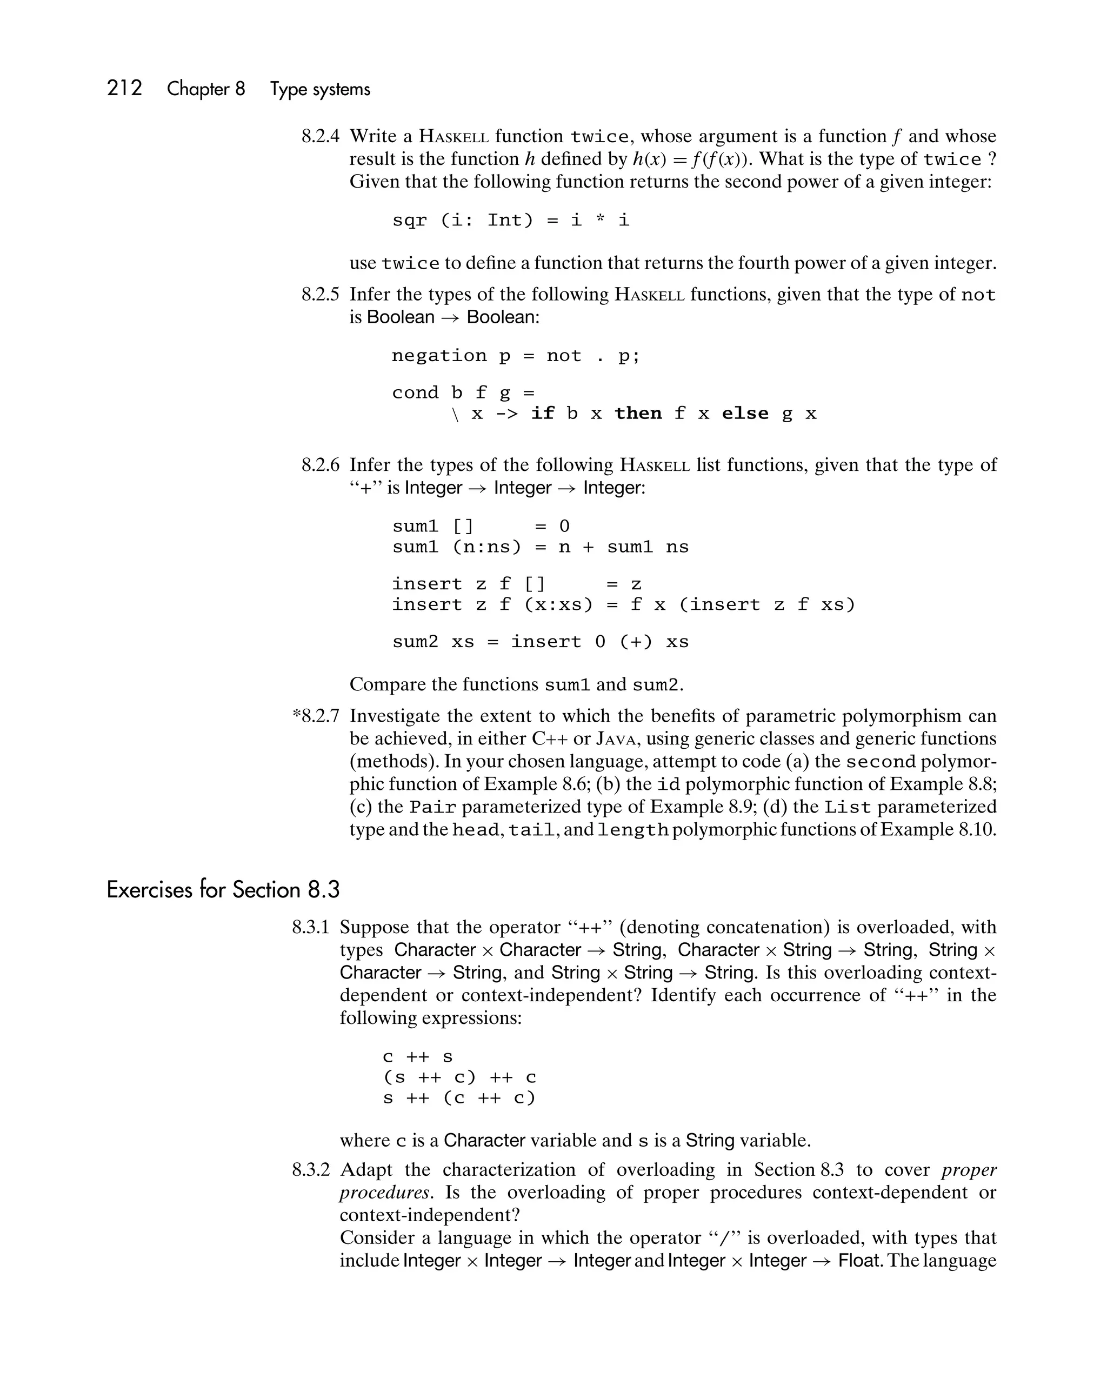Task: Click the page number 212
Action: (125, 88)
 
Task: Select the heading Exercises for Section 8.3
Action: (223, 890)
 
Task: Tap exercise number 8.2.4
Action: (320, 136)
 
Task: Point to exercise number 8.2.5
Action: (320, 295)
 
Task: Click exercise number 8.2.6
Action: (320, 465)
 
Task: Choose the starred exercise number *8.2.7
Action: (316, 716)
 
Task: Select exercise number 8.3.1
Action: (311, 927)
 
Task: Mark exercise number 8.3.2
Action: (311, 1170)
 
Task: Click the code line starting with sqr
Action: (511, 221)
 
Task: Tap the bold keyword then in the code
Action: (638, 414)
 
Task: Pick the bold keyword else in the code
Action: (745, 414)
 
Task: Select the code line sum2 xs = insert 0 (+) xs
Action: (540, 642)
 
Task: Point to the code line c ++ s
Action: (417, 1057)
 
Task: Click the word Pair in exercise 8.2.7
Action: (433, 807)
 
